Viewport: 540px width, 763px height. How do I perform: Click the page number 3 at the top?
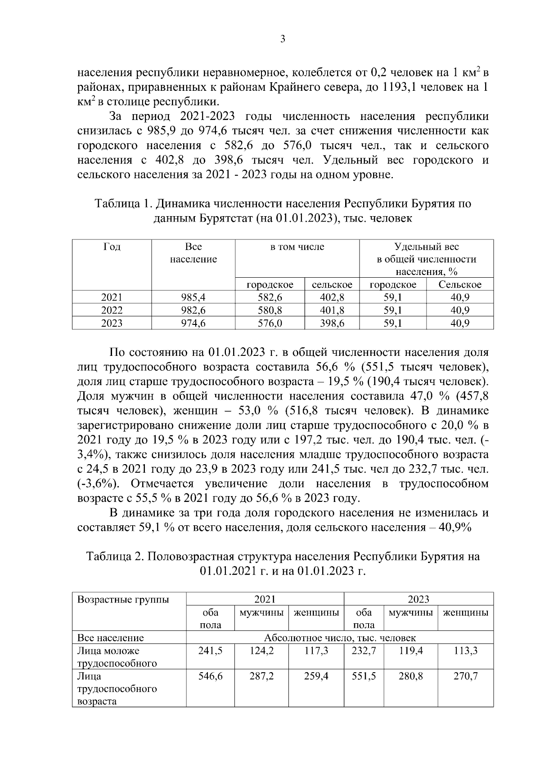click(282, 39)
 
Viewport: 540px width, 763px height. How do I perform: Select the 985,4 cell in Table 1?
click(193, 297)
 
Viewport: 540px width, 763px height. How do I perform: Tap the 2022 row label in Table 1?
click(112, 310)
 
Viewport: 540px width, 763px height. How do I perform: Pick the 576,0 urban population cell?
click(270, 323)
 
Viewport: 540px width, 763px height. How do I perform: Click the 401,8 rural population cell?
click(332, 310)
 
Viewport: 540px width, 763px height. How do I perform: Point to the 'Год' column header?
click(112, 247)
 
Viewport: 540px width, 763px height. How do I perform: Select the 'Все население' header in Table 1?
click(193, 253)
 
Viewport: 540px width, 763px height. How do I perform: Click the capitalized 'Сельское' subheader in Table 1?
click(459, 284)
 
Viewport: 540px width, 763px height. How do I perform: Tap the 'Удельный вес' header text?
click(426, 247)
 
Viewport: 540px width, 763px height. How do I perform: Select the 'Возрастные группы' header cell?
click(123, 599)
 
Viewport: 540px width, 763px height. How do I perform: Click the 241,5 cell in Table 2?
click(210, 651)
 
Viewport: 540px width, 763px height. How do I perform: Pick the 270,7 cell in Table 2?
click(465, 676)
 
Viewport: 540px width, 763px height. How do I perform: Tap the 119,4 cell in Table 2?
click(410, 651)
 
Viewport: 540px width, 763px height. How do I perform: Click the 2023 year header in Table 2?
click(418, 599)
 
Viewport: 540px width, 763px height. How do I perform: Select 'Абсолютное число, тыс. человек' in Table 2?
click(340, 638)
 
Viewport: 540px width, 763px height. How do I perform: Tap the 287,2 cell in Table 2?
click(261, 676)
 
